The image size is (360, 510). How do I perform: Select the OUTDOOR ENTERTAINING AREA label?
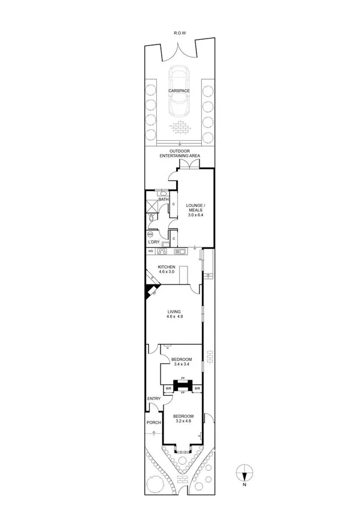(180, 153)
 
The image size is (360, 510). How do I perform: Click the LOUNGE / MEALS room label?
(196, 206)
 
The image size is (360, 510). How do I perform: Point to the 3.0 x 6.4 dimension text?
(196, 215)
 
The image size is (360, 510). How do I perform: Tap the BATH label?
(163, 199)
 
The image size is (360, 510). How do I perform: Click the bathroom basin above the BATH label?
(163, 192)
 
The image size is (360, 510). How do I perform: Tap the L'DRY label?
(153, 242)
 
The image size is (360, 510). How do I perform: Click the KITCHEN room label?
(166, 269)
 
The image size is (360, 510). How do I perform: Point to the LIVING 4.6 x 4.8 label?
(174, 314)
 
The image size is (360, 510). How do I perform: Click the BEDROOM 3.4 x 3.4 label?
(182, 361)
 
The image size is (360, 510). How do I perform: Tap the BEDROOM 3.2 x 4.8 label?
(183, 419)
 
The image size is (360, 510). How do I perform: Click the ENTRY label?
(153, 399)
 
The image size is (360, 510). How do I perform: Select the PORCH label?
(153, 422)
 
